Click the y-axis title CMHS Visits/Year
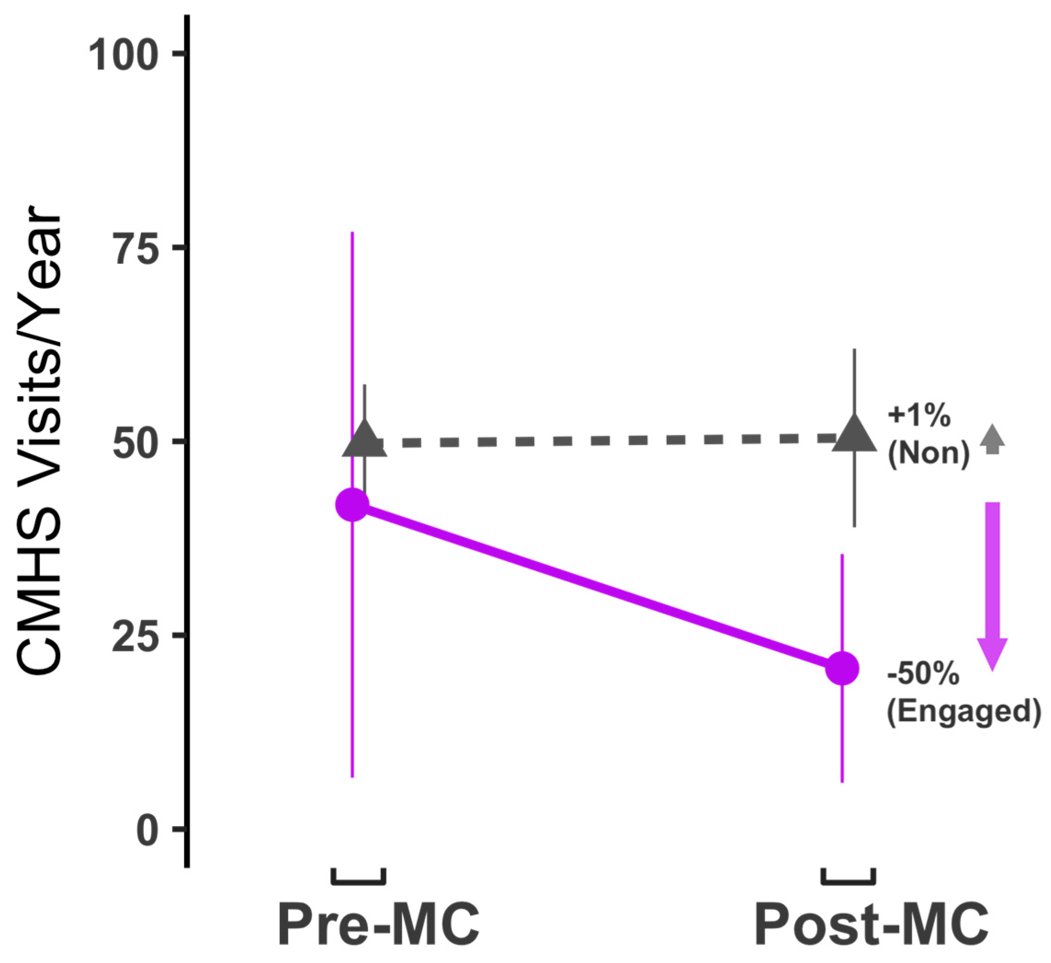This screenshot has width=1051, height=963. pyautogui.click(x=40, y=442)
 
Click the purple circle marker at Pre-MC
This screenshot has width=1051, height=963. pyautogui.click(x=352, y=505)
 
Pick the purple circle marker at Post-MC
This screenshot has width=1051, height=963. pyautogui.click(x=842, y=668)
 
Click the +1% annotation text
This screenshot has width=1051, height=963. pyautogui.click(x=919, y=417)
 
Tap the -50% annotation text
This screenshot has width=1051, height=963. pyautogui.click(x=923, y=676)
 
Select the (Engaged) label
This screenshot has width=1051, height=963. pyautogui.click(x=963, y=711)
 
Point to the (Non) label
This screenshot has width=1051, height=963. pyautogui.click(x=928, y=454)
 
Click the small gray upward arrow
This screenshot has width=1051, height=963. pyautogui.click(x=992, y=440)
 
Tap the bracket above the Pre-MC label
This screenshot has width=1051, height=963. pyautogui.click(x=359, y=878)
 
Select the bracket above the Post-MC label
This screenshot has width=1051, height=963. pyautogui.click(x=848, y=878)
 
